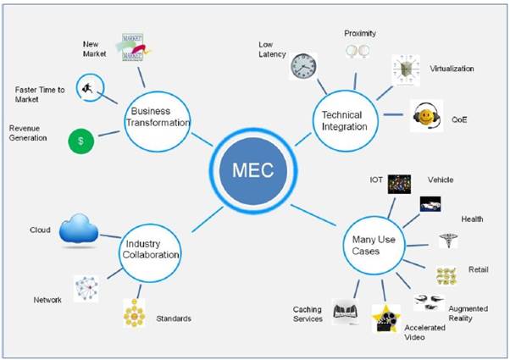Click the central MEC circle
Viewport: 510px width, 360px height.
253,171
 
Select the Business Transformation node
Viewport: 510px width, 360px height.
158,121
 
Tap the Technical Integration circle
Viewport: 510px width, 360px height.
345,121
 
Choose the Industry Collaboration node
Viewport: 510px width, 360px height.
150,253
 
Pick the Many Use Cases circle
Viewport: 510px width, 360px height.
374,246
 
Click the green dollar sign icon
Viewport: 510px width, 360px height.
81,141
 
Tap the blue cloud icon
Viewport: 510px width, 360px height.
79,229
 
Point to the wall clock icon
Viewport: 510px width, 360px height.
303,66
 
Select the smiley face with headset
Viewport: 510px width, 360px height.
427,116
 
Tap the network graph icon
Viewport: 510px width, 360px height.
86,289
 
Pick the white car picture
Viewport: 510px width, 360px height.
430,204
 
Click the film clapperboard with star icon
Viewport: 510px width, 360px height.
386,318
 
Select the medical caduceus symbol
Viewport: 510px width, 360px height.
448,241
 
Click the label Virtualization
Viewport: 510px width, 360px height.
452,69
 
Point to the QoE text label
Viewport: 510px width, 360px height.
459,119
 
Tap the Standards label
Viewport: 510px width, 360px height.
174,318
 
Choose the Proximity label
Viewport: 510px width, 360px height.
360,33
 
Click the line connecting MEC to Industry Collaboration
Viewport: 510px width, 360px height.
208,219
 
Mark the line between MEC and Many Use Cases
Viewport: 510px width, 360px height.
313,215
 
